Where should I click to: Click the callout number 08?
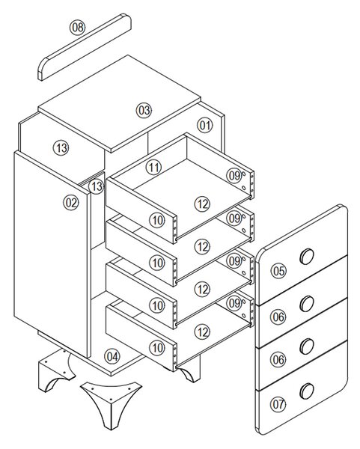coord(78,28)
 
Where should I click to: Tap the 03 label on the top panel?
coord(144,110)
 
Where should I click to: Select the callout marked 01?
coord(205,126)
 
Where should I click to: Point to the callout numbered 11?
coord(153,167)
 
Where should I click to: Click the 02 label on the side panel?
coord(71,203)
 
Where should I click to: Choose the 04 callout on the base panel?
coord(112,357)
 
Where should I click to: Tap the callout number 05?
coord(278,271)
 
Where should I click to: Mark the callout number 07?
coord(278,404)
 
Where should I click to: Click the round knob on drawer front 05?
coord(307,256)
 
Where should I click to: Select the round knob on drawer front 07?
coord(307,391)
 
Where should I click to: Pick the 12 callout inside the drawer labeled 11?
coord(203,204)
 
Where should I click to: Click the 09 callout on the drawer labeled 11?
coord(234,176)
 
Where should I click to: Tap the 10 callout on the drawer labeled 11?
coord(157,221)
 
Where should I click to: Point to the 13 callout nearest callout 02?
coord(97,186)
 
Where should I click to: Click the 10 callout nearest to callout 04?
coord(157,348)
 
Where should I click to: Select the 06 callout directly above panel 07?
coord(278,359)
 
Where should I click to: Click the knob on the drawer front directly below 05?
coord(307,304)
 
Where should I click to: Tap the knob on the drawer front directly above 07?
coord(307,346)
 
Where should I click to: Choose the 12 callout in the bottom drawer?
coord(203,332)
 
